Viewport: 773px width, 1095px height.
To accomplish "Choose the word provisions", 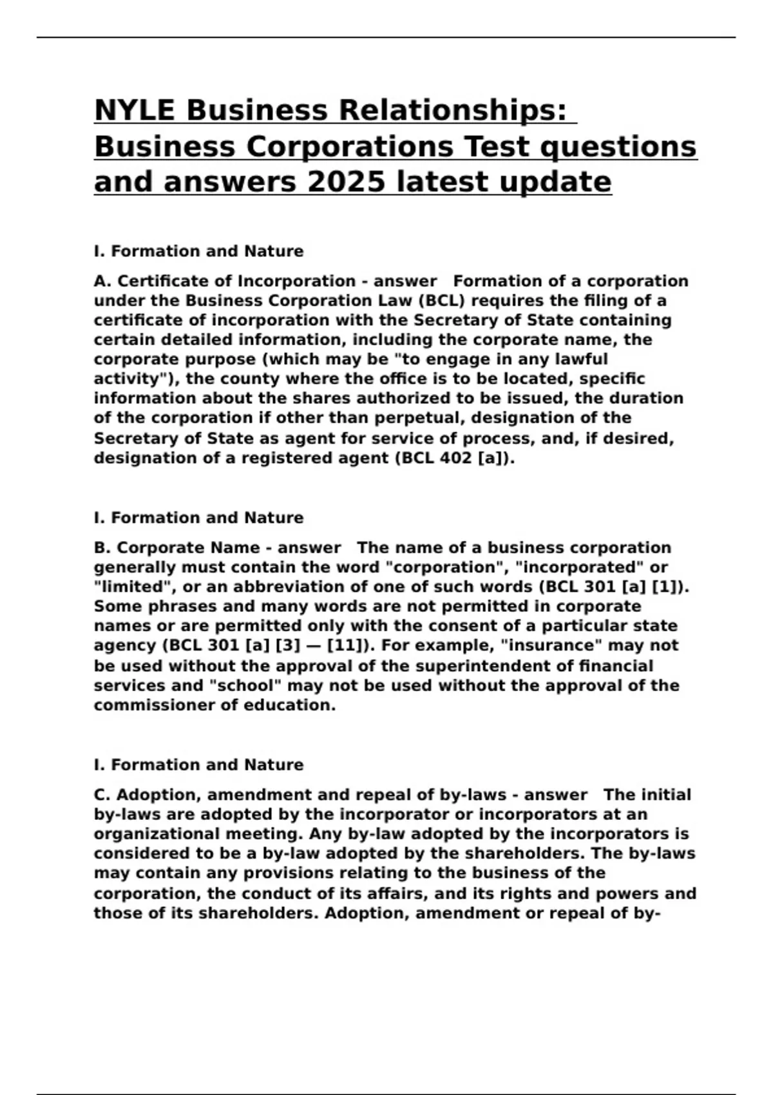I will pos(274,873).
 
